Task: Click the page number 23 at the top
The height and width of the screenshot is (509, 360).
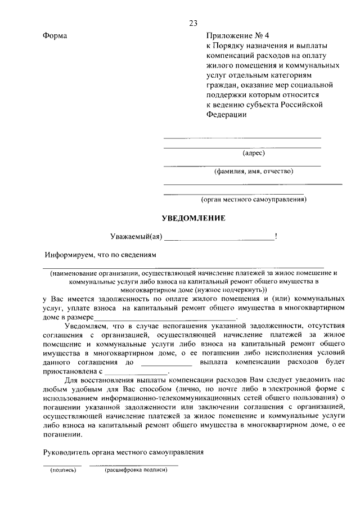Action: pyautogui.click(x=193, y=23)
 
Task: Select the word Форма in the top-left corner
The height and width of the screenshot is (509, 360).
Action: pyautogui.click(x=55, y=35)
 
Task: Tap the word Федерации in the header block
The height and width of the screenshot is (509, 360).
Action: pyautogui.click(x=227, y=114)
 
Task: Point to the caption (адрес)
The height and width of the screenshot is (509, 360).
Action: pyautogui.click(x=254, y=152)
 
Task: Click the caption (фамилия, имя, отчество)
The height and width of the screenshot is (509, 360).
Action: pyautogui.click(x=253, y=172)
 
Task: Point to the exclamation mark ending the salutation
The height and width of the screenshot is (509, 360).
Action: pyautogui.click(x=275, y=237)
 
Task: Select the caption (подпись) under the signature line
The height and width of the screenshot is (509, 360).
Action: pyautogui.click(x=63, y=470)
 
